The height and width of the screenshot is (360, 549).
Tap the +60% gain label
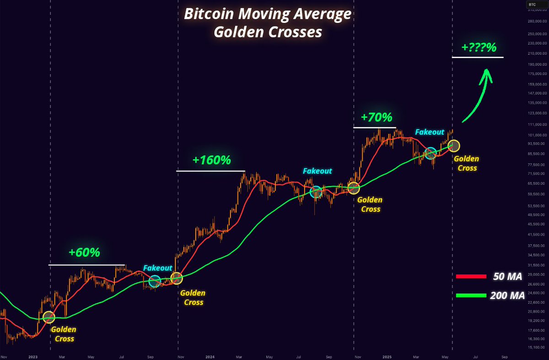(84, 252)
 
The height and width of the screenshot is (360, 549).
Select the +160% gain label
(211, 160)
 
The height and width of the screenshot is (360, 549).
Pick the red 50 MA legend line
(471, 276)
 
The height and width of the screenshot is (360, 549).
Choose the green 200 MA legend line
(471, 296)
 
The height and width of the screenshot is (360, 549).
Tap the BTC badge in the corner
(532, 4)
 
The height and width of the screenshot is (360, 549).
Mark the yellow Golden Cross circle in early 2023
(48, 317)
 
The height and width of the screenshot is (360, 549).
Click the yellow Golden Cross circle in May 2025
(454, 146)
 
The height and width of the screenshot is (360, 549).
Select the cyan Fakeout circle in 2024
(316, 192)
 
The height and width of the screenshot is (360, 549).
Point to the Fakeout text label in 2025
(430, 132)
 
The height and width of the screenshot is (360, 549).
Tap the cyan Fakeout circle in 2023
(155, 281)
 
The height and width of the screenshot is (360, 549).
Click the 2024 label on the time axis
(210, 356)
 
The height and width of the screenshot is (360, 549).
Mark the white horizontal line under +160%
(211, 171)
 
